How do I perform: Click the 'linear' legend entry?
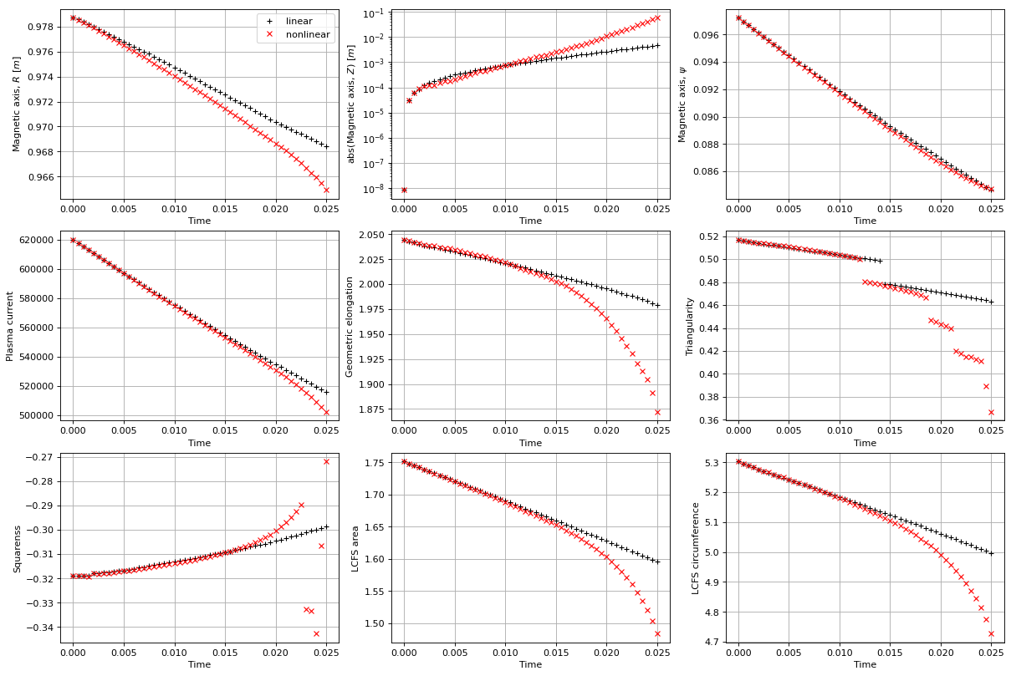coord(299,20)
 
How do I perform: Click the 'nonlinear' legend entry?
coord(307,35)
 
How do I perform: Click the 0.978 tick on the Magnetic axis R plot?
coord(43,27)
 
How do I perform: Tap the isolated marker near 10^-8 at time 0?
coord(404,190)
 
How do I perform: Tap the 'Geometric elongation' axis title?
coord(350,326)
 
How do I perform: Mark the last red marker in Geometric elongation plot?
coord(657,412)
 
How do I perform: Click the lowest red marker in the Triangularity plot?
coord(991,412)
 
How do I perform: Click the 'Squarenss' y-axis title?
coord(17,548)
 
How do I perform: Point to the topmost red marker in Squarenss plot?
coord(326,461)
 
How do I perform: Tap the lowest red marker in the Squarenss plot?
coord(316,633)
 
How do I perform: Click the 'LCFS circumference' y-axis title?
coord(696,548)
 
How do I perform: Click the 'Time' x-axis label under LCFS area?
coord(530,665)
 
